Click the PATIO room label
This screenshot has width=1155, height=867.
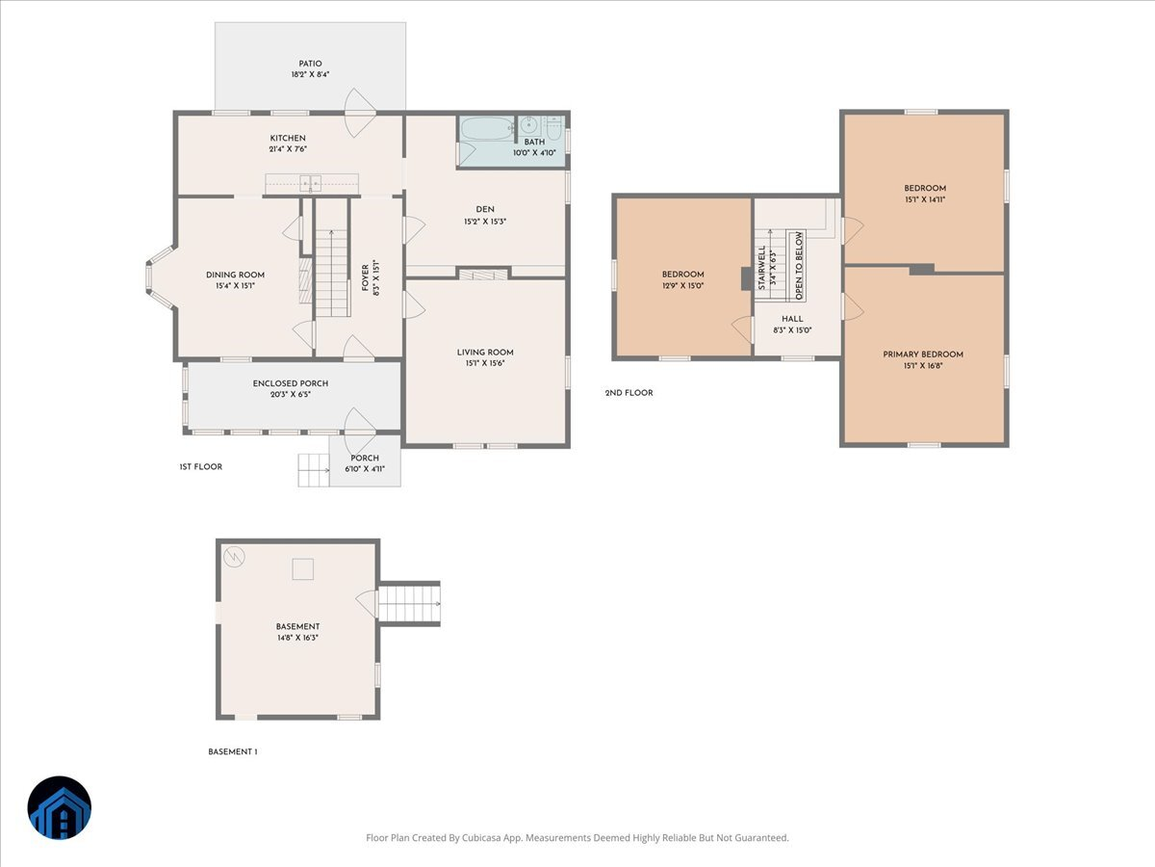pos(310,64)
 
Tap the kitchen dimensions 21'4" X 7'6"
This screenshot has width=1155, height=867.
pos(288,149)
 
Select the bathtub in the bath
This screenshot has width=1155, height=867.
pos(487,128)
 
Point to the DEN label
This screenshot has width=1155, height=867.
pos(485,209)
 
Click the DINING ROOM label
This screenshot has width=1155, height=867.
pos(235,275)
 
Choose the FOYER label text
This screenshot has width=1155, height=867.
pos(365,277)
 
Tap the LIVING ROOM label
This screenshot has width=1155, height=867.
pos(485,353)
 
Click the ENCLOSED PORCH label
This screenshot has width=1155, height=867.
pos(291,383)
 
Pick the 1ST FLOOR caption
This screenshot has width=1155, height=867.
pos(200,467)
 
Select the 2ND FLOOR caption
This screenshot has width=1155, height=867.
pos(629,393)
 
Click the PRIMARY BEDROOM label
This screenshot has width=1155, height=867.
pos(923,355)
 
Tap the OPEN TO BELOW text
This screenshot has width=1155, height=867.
pos(799,266)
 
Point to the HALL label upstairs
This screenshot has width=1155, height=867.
pos(792,319)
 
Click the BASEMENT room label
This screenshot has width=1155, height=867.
pos(297,626)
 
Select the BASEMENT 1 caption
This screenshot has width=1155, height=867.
pos(233,751)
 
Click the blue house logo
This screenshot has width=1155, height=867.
pos(60,807)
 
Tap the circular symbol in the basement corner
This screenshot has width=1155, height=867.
pos(234,557)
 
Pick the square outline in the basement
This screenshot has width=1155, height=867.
pos(303,569)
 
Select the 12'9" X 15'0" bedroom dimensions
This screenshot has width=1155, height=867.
pos(682,286)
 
